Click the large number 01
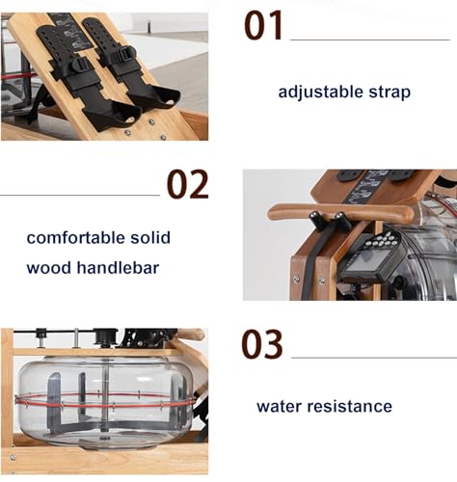tap(263, 25)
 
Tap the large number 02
tap(188, 184)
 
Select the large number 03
tap(262, 344)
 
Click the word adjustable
tap(320, 93)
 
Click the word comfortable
tap(76, 238)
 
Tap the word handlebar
tap(118, 268)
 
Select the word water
tap(279, 406)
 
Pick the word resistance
tap(350, 406)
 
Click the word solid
tap(150, 238)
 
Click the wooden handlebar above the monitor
tap(340, 211)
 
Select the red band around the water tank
tap(105, 401)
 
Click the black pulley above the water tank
tap(105, 336)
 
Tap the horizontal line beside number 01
tap(370, 40)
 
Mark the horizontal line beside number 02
tap(80, 195)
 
